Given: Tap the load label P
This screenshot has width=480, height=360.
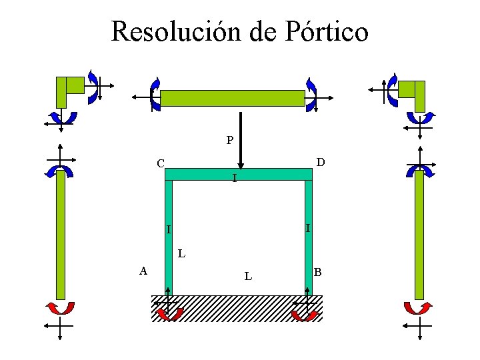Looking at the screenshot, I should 229,141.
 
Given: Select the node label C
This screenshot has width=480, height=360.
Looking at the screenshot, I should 160,163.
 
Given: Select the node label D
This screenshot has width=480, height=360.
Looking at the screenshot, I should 321,162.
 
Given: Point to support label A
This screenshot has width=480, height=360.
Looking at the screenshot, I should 143,270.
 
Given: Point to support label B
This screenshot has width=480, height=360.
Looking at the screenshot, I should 318,271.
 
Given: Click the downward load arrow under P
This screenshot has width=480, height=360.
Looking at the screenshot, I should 241,141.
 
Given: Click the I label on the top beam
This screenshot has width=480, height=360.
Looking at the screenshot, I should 234,179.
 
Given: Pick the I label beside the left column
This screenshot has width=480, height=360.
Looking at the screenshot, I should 169,230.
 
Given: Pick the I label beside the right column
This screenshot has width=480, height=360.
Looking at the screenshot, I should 307,228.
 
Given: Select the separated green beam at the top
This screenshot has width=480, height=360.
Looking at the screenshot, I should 232,98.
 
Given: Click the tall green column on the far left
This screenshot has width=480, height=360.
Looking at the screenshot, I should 61,234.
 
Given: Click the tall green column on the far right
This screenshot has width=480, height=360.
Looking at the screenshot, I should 419,234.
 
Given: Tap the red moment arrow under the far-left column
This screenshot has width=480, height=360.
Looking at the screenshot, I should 60,308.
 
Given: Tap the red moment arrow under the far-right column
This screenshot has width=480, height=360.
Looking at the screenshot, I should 419,308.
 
